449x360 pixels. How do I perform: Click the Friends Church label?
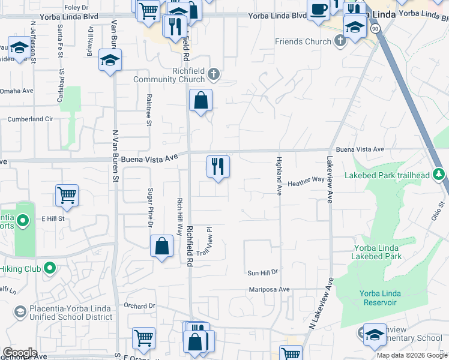(x=303, y=41)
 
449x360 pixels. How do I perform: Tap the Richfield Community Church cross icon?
(x=214, y=75)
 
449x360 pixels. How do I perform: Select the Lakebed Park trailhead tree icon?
(x=439, y=175)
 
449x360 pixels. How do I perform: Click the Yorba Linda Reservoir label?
(x=378, y=298)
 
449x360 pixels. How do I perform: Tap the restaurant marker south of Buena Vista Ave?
(x=218, y=166)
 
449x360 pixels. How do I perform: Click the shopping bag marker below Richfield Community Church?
(x=200, y=100)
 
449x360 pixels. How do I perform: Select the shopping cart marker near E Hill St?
(x=67, y=194)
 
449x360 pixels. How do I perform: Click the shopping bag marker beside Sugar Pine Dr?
(x=161, y=245)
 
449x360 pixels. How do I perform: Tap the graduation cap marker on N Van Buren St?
(x=110, y=59)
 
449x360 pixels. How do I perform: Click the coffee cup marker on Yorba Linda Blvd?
(x=319, y=10)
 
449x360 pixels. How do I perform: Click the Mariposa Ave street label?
(x=270, y=289)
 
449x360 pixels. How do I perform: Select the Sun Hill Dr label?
(x=263, y=272)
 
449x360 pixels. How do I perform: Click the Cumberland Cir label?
(x=30, y=119)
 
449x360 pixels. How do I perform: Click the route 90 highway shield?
(x=375, y=28)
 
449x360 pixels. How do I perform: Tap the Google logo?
(x=20, y=352)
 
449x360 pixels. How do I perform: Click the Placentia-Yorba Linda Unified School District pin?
(x=20, y=311)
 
